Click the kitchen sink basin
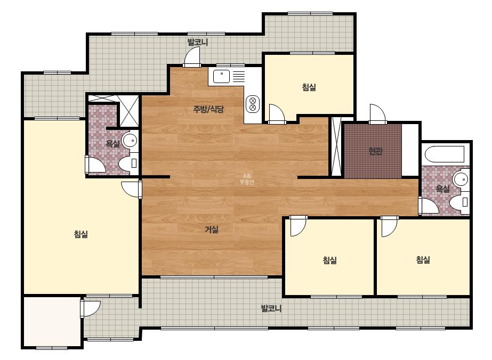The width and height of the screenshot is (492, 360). pos(221,76)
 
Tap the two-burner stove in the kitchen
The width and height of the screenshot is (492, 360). pos(253,104)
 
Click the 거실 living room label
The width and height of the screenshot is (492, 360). pos(212,230)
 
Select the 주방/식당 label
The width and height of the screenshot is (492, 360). pos(208,109)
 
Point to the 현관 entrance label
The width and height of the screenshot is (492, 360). pos(376,151)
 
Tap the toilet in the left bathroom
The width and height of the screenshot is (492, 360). pos(128,163)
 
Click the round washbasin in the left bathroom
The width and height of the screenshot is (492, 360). pos(130,140)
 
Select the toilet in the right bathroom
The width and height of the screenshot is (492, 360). pos(459,202)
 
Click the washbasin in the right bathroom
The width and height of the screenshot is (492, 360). pos(461,179)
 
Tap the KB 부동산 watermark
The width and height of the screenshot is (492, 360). pos(247,179)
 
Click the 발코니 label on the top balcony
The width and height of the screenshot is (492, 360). pos(198,42)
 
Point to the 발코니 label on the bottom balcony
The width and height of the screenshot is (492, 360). pos(271,308)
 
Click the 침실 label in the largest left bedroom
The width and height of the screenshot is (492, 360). pos(81,234)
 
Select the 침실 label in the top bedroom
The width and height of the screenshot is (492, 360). pos(309,87)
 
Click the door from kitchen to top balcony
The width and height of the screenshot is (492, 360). pos(192,57)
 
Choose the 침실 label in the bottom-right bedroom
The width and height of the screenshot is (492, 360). pos(423,260)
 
